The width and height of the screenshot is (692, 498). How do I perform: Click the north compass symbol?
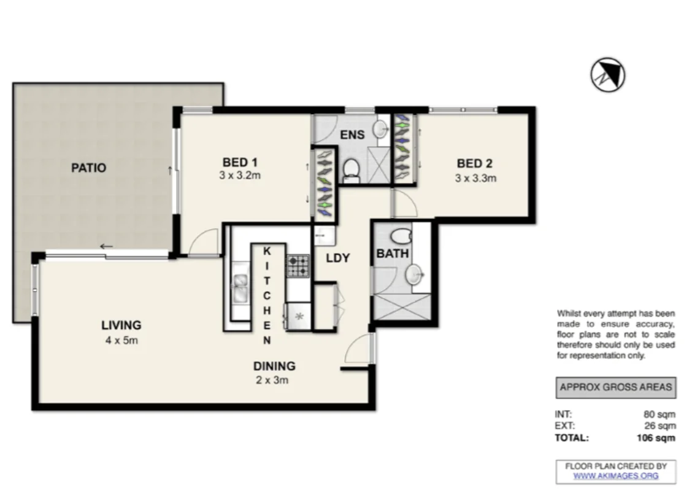click(x=608, y=75)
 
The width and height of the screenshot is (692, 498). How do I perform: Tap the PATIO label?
click(x=89, y=168)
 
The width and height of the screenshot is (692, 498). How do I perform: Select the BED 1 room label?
click(x=240, y=162)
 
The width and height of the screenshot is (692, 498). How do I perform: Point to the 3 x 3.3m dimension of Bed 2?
click(x=476, y=178)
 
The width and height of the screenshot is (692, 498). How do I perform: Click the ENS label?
click(x=352, y=134)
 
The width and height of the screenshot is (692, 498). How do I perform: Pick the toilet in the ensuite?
click(x=352, y=171)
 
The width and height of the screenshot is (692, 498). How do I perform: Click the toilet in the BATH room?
click(x=401, y=236)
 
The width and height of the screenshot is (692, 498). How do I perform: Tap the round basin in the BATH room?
click(x=415, y=274)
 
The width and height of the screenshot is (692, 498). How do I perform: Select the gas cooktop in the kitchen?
click(x=298, y=266)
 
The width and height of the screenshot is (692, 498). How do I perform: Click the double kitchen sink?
click(x=240, y=287)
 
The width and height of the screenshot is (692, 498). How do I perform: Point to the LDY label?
click(x=337, y=258)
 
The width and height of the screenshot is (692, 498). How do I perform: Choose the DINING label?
click(x=274, y=366)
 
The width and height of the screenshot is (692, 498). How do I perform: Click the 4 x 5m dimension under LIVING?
click(x=121, y=340)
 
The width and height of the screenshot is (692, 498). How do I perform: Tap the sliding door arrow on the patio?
click(x=106, y=246)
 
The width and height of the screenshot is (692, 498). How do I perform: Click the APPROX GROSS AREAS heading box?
click(x=616, y=387)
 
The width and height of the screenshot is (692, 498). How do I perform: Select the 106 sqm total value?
click(x=656, y=438)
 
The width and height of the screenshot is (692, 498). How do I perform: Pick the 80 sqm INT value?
click(x=659, y=414)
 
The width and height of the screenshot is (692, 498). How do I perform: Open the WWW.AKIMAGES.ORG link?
click(x=616, y=476)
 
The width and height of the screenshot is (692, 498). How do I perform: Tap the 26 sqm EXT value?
click(x=659, y=426)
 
